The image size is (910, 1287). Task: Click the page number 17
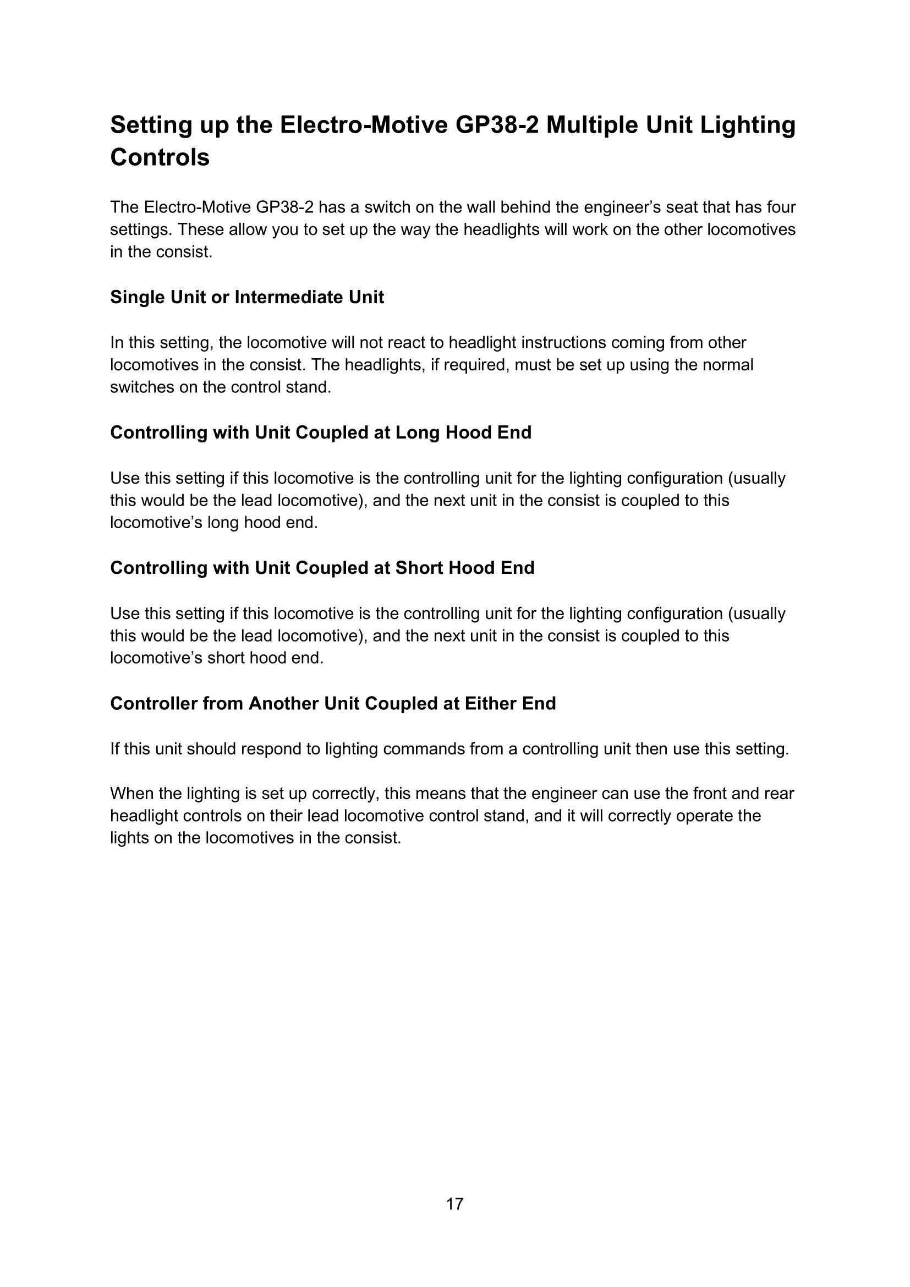click(454, 1203)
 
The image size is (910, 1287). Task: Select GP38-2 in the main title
click(497, 124)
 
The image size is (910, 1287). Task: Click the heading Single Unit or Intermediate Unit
click(247, 297)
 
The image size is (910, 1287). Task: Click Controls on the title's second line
click(160, 157)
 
